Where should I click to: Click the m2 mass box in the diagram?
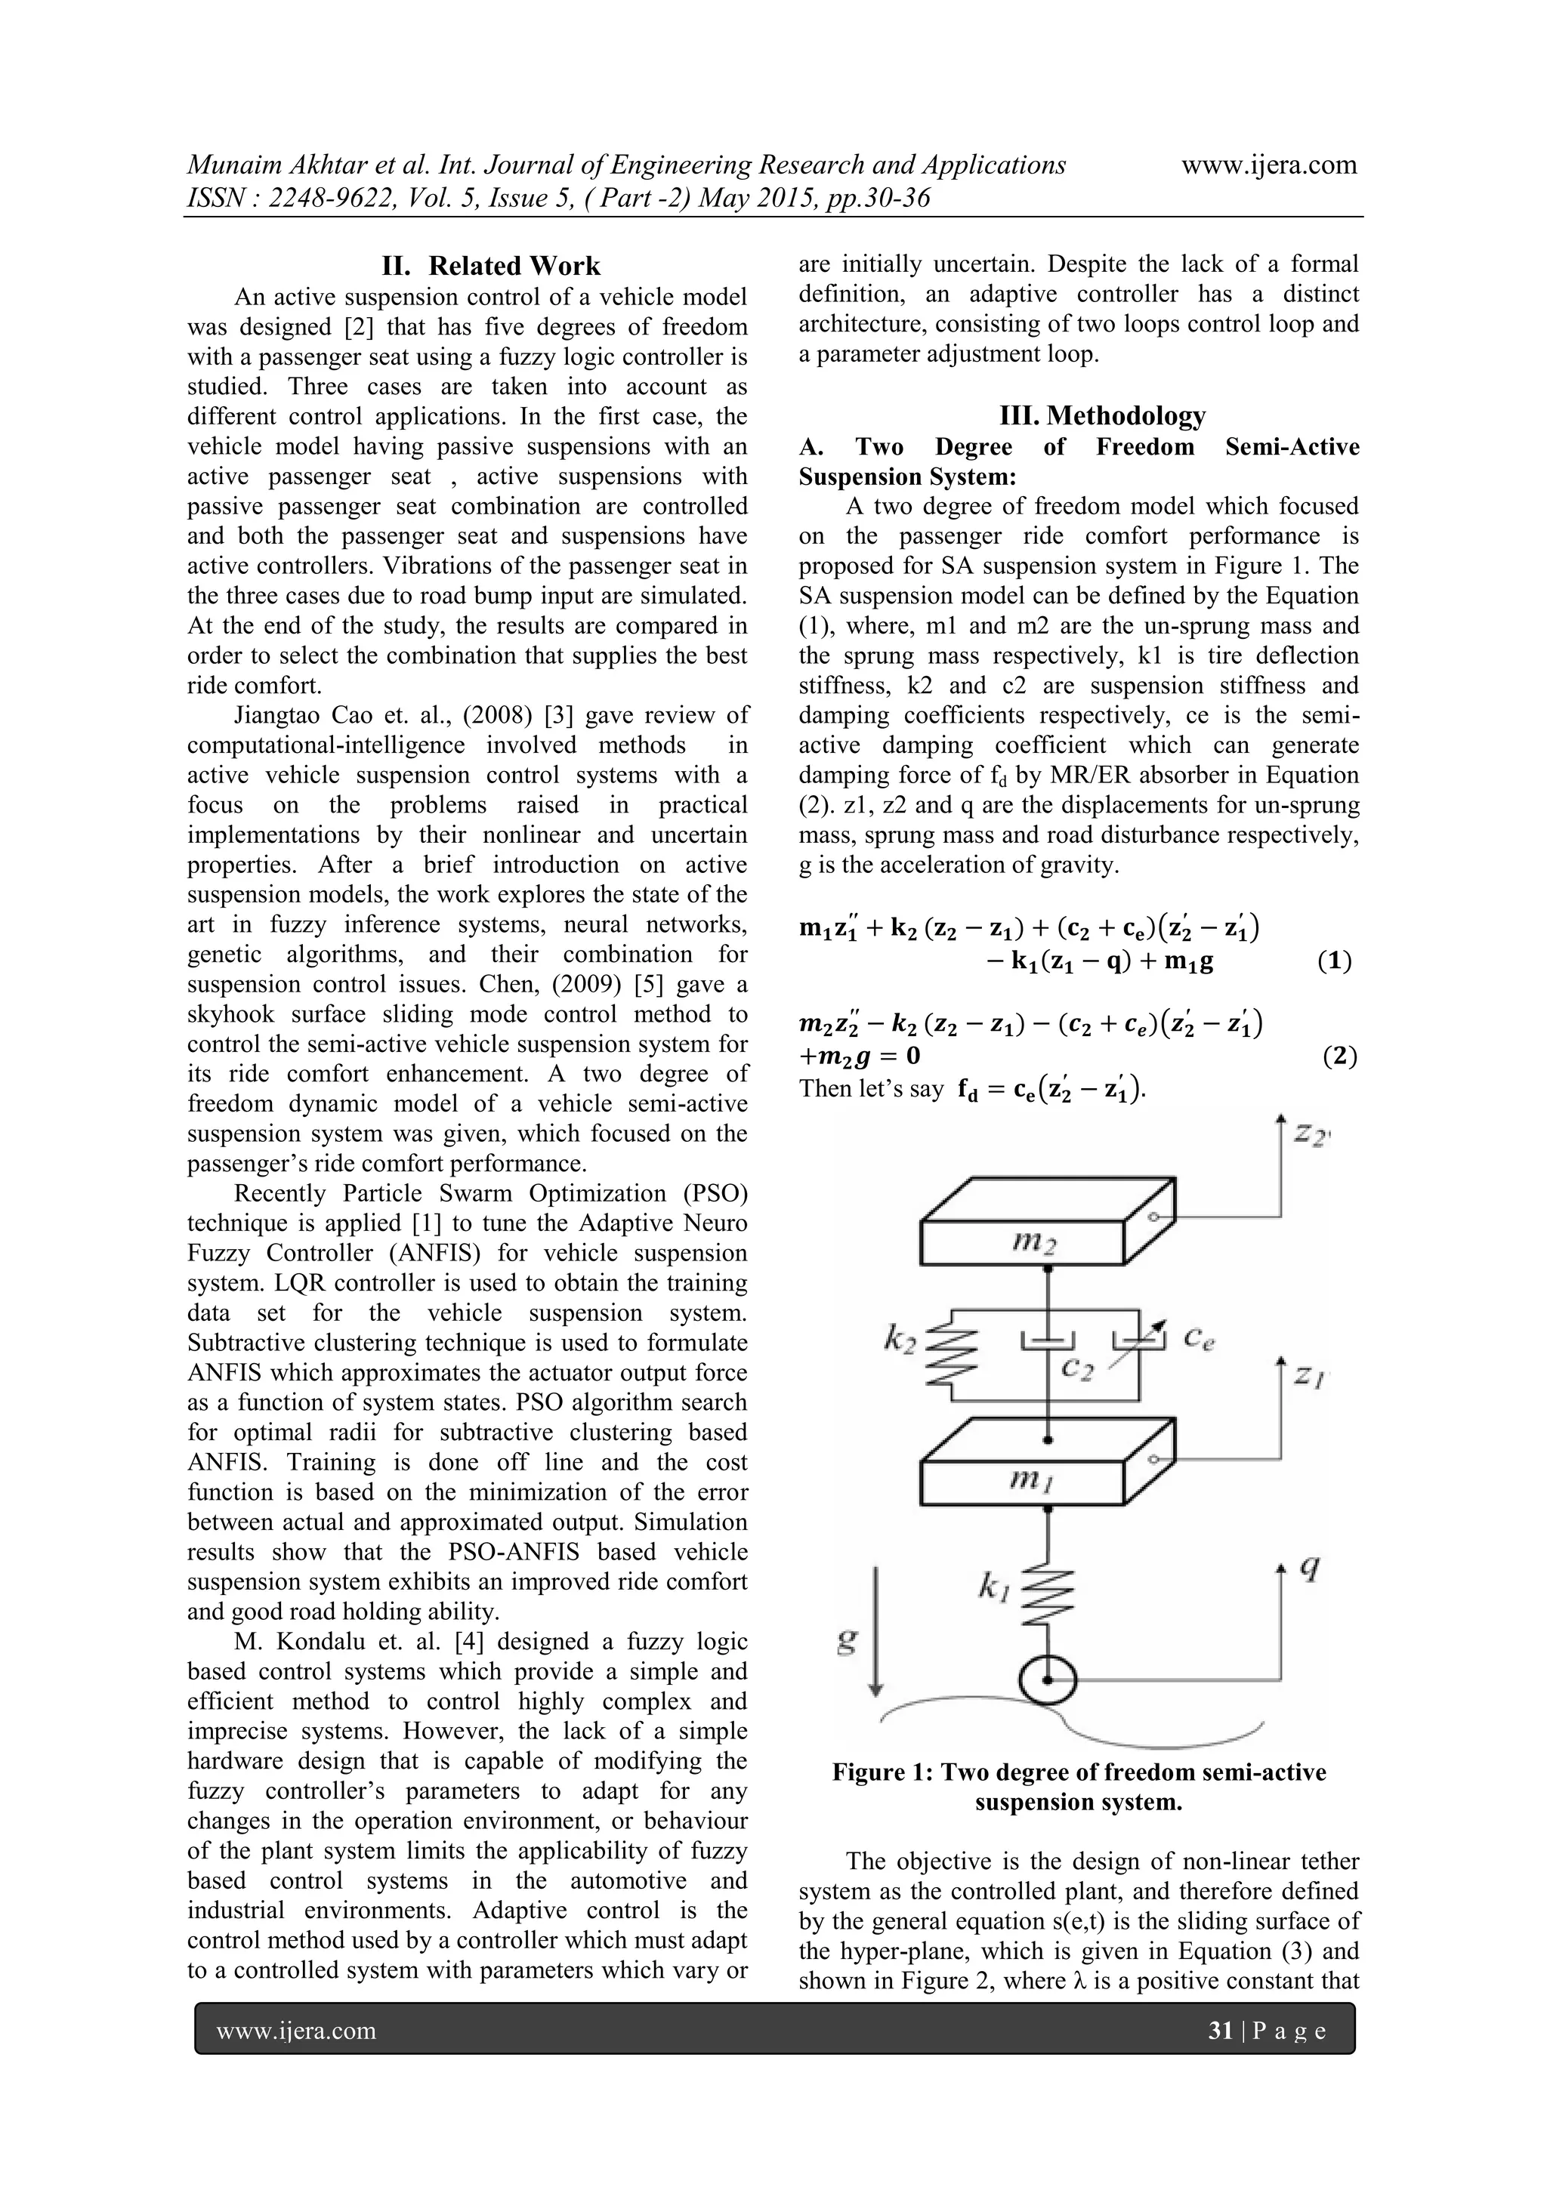point(1024,1240)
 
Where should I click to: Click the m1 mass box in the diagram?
point(1024,1479)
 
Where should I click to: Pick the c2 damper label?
point(1079,1370)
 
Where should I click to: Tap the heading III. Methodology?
point(1102,415)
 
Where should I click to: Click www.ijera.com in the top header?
point(1269,165)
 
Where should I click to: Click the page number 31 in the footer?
point(1220,2031)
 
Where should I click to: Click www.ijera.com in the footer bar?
point(296,2031)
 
